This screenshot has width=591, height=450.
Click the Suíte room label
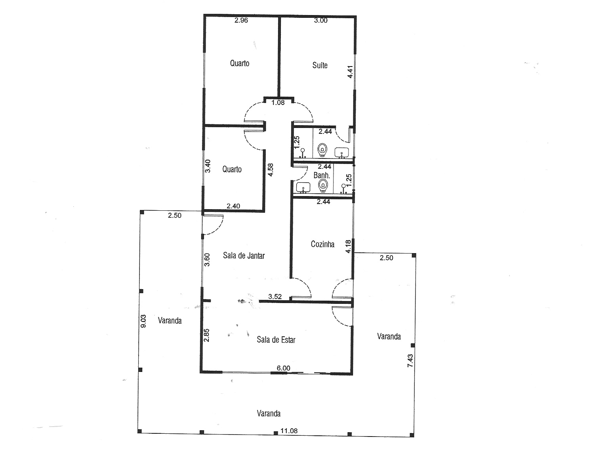click(320, 65)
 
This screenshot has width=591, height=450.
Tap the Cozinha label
click(322, 244)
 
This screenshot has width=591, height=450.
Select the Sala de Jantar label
click(244, 256)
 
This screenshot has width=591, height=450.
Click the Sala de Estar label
click(276, 339)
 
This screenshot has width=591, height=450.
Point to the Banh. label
click(322, 175)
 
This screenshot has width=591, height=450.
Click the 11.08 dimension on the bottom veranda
click(289, 431)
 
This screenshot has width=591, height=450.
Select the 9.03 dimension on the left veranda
click(143, 321)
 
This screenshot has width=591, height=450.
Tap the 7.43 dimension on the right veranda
click(410, 360)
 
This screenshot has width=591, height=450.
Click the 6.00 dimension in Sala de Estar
click(284, 368)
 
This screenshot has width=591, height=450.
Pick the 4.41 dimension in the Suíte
click(350, 72)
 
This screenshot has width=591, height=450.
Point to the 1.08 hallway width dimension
click(278, 103)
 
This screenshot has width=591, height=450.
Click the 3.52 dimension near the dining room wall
click(275, 297)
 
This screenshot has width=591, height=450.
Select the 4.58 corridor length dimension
click(271, 170)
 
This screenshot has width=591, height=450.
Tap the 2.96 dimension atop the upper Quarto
click(241, 20)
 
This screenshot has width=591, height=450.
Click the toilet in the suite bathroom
click(322, 150)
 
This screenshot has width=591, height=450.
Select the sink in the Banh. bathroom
click(303, 187)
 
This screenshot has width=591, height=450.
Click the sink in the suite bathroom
click(342, 153)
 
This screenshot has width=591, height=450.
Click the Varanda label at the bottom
click(269, 414)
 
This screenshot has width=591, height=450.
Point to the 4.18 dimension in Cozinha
click(348, 246)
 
